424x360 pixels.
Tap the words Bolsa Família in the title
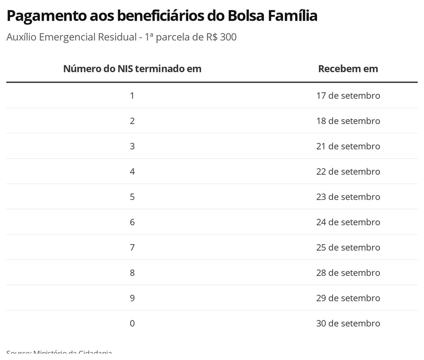coord(269,16)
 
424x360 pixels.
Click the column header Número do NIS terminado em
coord(132,68)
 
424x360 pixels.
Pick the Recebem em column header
coord(348,68)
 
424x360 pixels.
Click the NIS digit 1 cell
coord(132,96)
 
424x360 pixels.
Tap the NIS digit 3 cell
coord(132,146)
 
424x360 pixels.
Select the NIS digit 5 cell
coord(132,197)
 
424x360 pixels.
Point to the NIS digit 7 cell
coord(132,248)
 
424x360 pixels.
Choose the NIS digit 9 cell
coord(132,298)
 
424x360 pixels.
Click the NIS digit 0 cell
coord(132,323)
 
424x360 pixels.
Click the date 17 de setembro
coord(348,96)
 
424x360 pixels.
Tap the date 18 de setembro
coord(348,121)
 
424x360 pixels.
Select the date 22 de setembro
coord(348,172)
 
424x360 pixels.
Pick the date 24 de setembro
coord(348,222)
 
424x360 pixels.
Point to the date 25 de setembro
coord(348,248)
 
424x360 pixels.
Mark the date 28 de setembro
coord(348,273)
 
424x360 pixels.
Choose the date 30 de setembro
coord(348,323)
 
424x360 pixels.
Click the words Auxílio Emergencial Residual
coord(71,37)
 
